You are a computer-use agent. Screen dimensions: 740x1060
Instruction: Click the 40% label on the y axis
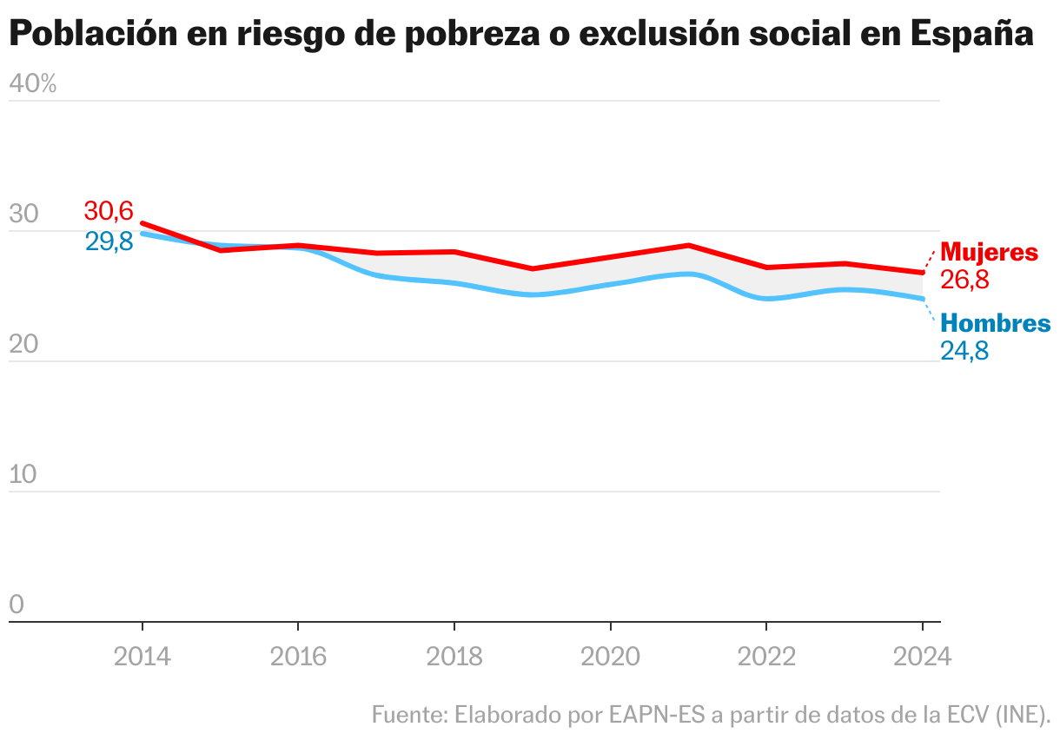pos(32,84)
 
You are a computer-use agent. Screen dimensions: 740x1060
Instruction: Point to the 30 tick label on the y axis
pos(23,215)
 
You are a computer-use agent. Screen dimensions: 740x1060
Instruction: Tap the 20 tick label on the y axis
pos(23,345)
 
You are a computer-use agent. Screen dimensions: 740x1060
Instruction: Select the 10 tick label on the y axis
pos(23,475)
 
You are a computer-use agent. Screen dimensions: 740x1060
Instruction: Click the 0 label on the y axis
pos(17,605)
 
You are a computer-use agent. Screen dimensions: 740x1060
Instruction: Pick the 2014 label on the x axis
pos(142,656)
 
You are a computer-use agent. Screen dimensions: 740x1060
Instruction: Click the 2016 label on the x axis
pos(298,656)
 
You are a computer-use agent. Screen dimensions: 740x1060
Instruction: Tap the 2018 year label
pos(454,656)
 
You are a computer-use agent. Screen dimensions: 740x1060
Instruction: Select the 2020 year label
pos(610,656)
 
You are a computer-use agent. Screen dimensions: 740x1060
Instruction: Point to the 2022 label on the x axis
pos(766,656)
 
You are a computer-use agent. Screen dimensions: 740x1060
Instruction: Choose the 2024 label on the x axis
pos(922,656)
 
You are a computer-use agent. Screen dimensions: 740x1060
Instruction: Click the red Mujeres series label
pos(990,253)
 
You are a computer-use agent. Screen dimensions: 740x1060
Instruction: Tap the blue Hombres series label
pos(996,324)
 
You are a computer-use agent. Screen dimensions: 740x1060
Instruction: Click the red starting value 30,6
pos(109,211)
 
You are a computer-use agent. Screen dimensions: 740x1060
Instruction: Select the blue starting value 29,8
pos(109,241)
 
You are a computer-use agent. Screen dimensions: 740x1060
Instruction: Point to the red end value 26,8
pos(964,280)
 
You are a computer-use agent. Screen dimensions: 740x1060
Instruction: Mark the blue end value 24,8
pos(964,351)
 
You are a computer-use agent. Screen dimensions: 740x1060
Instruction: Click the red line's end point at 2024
pos(922,273)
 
